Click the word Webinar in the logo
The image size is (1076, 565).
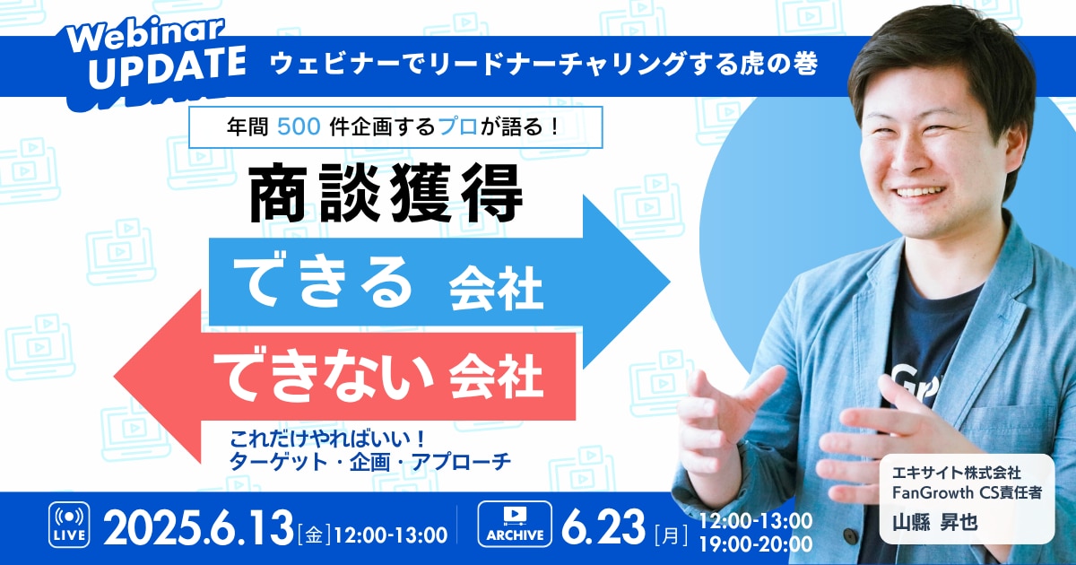[145, 36]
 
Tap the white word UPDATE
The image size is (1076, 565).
[167, 67]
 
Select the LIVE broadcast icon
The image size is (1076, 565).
[69, 525]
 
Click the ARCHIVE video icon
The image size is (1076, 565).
[515, 524]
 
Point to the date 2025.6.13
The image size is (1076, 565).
[198, 528]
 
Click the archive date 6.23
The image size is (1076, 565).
[603, 527]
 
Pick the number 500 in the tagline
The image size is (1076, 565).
[299, 126]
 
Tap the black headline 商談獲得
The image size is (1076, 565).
[386, 193]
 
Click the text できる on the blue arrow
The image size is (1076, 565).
[323, 282]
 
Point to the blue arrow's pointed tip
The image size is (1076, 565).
[670, 282]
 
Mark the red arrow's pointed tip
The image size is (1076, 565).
[115, 376]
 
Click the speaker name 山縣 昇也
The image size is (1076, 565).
[934, 522]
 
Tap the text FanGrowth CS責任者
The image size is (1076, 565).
[967, 492]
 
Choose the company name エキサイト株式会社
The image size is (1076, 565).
[957, 473]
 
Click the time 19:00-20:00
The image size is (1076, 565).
[756, 544]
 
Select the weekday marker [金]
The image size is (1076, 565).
[314, 535]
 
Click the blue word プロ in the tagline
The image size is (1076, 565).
[458, 126]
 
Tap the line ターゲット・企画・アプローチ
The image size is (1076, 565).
[369, 462]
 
